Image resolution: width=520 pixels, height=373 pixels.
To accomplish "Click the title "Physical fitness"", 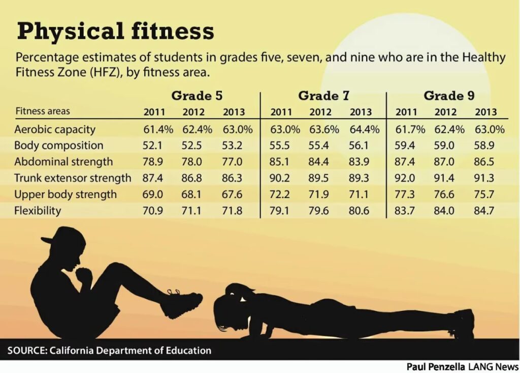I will (115, 32).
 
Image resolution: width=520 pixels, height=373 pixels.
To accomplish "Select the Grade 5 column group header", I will (197, 95).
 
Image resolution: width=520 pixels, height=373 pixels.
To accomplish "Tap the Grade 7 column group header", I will (324, 95).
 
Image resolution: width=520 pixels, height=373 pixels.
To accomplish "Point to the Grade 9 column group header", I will (449, 95).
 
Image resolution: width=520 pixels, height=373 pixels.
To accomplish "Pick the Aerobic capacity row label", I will (54, 129).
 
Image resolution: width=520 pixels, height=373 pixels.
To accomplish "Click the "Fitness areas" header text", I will (43, 111).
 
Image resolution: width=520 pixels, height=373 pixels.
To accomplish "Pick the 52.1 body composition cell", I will (153, 146).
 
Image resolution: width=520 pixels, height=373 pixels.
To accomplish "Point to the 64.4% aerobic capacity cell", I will (364, 129).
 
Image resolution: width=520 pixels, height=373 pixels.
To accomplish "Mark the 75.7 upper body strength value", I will (484, 194).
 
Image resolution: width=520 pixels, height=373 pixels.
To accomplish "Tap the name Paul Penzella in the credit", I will (434, 366).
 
